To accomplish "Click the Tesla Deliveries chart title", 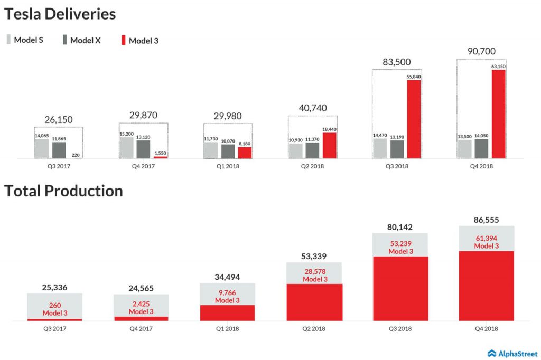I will coord(60,14).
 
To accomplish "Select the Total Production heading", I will coord(63,191).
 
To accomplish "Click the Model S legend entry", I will coord(25,40).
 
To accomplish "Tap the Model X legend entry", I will coord(81,40).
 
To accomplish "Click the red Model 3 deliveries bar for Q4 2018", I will coord(498,113).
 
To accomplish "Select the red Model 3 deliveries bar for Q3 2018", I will coord(414,119).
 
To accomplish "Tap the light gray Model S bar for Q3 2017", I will coord(42,148).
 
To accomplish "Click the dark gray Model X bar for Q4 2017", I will coord(143,149).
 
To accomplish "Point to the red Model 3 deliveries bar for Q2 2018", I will coord(329,145).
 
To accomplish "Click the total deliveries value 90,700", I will coord(481,52).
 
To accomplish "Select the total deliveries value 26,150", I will coord(58,120).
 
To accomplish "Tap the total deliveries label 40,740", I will coord(312,108).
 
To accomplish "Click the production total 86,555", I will coord(486,220).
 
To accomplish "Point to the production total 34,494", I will coord(227,277).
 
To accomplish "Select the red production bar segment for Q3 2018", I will coord(400,288).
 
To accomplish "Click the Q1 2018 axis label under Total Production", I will coord(227,328).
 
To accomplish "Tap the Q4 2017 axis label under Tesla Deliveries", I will coord(143,166).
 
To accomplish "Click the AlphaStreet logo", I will coord(511,353).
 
